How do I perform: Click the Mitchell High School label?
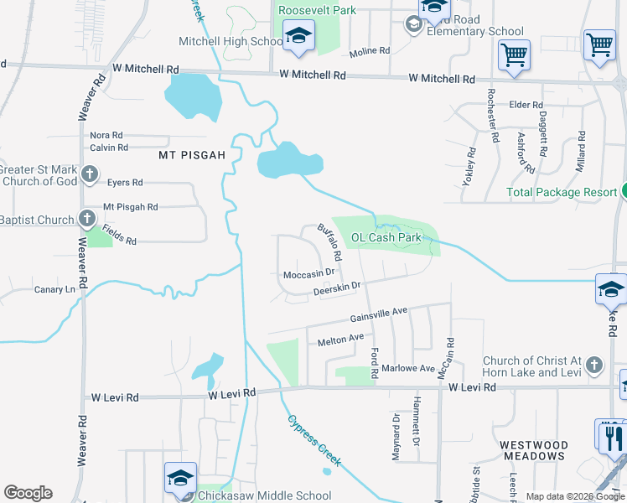(231, 41)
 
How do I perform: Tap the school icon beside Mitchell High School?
(298, 38)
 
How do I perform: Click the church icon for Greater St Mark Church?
(90, 175)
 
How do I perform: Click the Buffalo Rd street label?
(330, 241)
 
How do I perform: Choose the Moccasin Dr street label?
(308, 272)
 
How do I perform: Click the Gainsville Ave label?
(378, 314)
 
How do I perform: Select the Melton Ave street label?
(340, 339)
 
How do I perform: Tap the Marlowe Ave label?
(408, 368)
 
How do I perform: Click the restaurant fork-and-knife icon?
(610, 435)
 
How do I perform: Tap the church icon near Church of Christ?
(593, 366)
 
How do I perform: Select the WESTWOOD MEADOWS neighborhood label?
(546, 450)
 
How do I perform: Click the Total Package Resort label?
(562, 192)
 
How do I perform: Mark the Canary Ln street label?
(54, 290)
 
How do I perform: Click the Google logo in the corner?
(28, 493)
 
